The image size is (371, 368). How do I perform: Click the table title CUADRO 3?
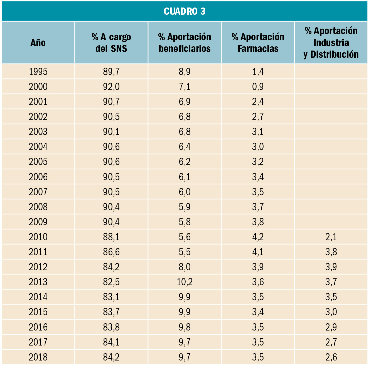185,11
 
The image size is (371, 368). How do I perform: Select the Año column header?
38,43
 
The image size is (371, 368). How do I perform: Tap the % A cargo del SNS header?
111,43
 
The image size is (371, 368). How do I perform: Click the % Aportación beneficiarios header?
185,43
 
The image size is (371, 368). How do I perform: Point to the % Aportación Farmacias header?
258,43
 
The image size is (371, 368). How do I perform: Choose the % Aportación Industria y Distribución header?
331,43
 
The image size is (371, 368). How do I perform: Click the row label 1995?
38,72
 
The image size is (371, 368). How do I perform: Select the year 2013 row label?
38,282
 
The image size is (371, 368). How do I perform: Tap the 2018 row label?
38,357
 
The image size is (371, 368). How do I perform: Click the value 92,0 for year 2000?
111,87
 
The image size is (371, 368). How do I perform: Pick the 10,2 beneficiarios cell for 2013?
185,282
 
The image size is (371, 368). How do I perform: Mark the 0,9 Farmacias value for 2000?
258,87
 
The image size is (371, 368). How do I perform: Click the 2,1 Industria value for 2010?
331,237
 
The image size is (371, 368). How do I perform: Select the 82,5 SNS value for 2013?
111,282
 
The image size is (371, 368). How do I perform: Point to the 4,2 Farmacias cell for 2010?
258,237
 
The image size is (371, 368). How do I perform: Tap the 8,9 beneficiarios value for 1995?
185,72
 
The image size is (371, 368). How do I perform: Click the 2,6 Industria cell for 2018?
331,357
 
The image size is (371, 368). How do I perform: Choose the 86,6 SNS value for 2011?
111,252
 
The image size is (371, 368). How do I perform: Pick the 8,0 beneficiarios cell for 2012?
185,267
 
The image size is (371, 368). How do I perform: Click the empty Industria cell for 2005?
331,162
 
